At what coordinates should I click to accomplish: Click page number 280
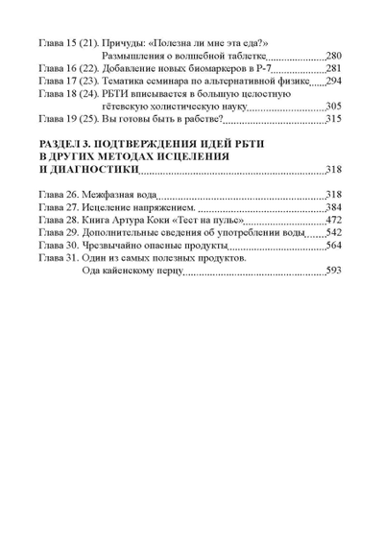point(334,57)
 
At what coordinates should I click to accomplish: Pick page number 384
point(334,207)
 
